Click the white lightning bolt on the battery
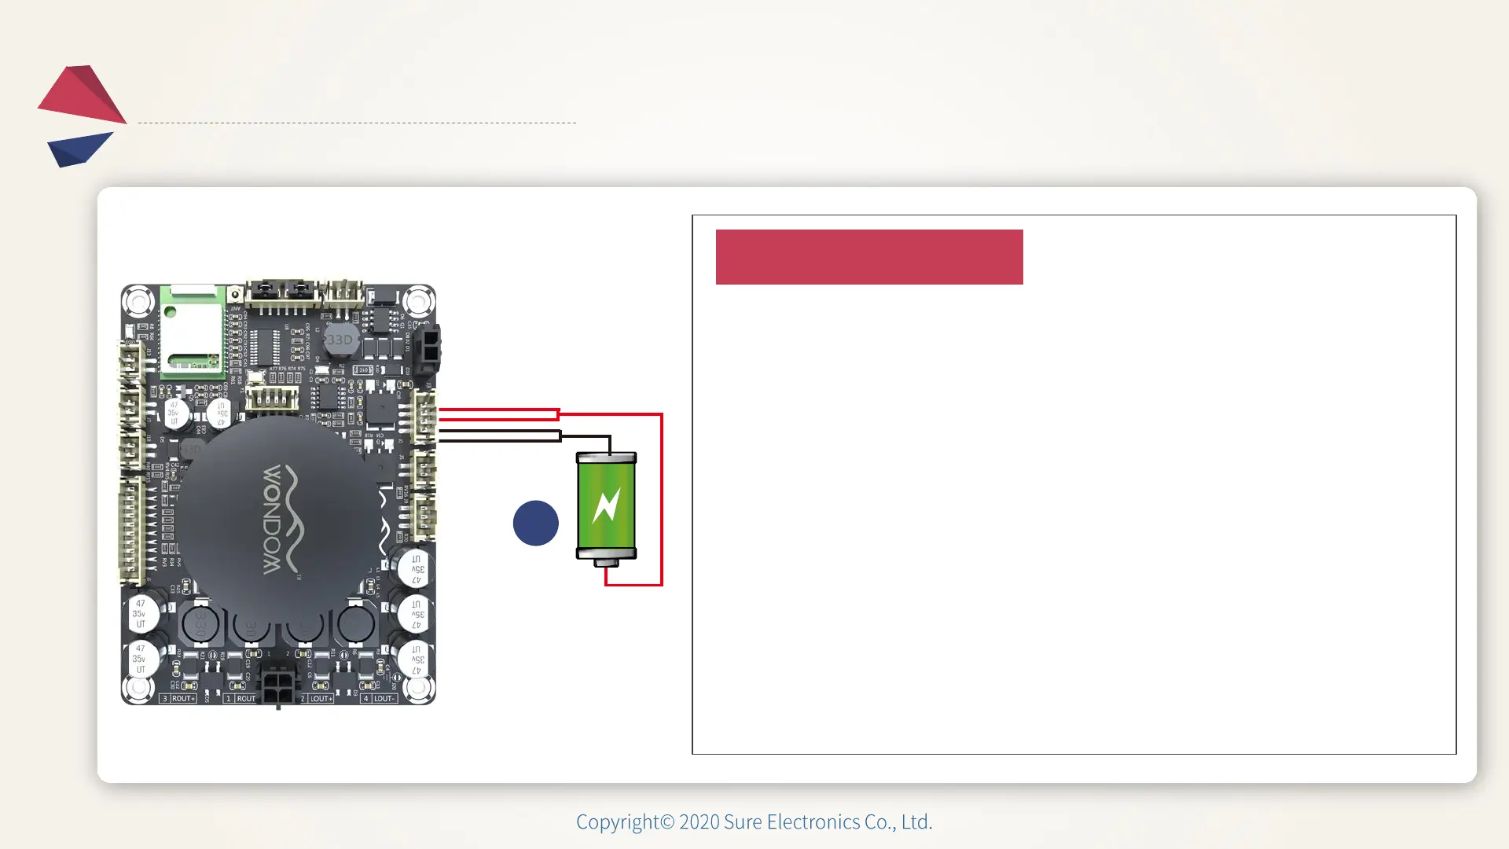606,505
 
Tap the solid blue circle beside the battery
535,523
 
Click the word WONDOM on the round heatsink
272,519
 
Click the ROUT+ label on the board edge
182,698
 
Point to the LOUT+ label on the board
321,698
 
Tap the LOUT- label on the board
384,698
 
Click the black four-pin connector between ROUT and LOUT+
277,685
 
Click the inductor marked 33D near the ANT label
340,340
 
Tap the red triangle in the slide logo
83,94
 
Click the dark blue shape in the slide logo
79,149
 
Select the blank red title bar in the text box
868,257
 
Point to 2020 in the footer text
699,821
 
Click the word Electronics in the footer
813,821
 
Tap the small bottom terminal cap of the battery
606,563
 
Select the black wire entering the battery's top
609,444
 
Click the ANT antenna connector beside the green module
234,295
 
